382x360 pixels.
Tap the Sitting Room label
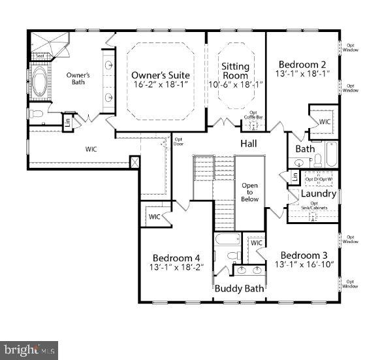coord(235,71)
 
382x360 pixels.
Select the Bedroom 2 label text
coord(302,65)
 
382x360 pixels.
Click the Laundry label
coord(318,194)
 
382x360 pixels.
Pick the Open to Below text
coord(250,192)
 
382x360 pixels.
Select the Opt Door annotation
coord(178,141)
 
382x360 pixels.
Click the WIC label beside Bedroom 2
coord(325,122)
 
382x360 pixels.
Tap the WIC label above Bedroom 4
coord(154,217)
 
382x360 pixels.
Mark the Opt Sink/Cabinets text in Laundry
coord(314,206)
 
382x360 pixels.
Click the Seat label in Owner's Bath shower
coord(40,56)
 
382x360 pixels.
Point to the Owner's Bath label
coord(78,79)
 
